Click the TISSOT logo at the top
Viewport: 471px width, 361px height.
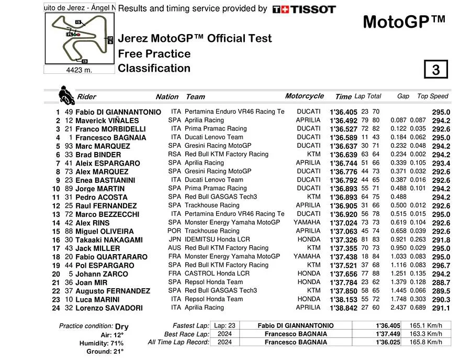tap(304, 9)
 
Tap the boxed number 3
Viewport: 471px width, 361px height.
tap(435, 70)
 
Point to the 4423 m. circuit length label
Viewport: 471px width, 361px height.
tap(79, 70)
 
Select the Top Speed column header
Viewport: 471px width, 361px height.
tap(433, 96)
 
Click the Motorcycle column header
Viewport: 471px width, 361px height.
tap(305, 96)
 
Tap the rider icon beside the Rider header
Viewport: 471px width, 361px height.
tap(66, 95)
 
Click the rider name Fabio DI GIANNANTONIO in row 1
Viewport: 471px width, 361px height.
tap(118, 112)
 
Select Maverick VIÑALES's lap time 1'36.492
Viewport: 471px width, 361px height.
tap(343, 121)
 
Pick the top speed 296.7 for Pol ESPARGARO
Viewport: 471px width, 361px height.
tap(441, 266)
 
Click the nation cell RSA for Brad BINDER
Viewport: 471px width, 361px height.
tap(174, 155)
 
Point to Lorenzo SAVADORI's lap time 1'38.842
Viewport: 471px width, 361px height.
tap(343, 308)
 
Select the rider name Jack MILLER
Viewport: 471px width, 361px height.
tap(98, 248)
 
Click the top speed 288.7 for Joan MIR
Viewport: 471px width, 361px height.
tap(441, 282)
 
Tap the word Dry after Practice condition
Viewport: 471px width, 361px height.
tap(122, 326)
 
